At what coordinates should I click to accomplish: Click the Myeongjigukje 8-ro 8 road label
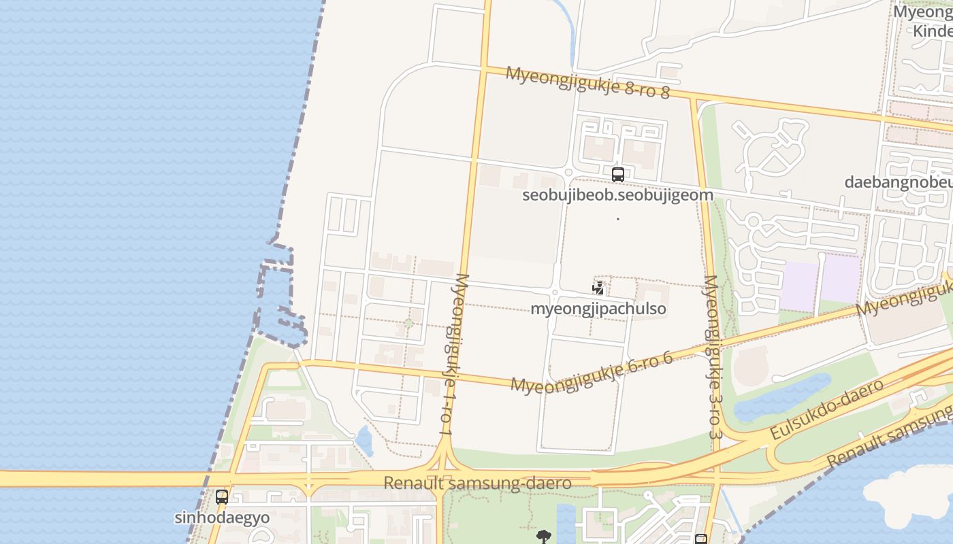[587, 82]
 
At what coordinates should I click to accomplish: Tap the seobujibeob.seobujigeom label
[617, 195]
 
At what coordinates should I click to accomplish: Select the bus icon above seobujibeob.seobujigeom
[617, 175]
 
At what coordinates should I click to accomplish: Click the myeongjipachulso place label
[598, 309]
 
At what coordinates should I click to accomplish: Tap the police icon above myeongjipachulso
[598, 289]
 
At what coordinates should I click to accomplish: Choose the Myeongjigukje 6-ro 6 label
[592, 373]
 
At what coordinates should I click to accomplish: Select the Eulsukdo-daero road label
[826, 410]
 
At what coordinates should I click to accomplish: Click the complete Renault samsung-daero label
[476, 483]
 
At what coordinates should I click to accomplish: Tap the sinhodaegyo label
[222, 517]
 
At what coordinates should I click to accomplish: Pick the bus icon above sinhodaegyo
[222, 497]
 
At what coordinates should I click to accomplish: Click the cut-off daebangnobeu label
[898, 182]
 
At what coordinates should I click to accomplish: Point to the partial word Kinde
[932, 31]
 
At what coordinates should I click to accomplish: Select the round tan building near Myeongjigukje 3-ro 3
[750, 367]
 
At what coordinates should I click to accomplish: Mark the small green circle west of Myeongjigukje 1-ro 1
[408, 324]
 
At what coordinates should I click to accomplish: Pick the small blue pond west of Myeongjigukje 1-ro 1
[365, 441]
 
